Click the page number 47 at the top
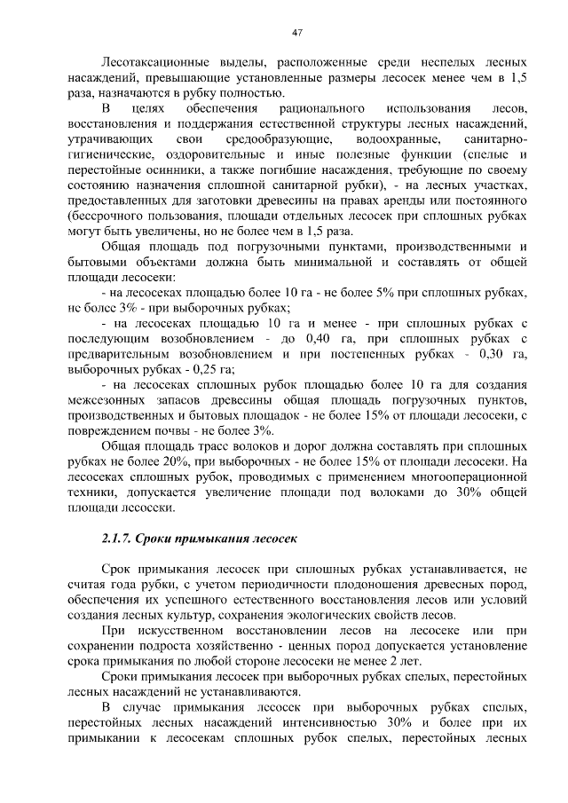(x=297, y=33)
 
